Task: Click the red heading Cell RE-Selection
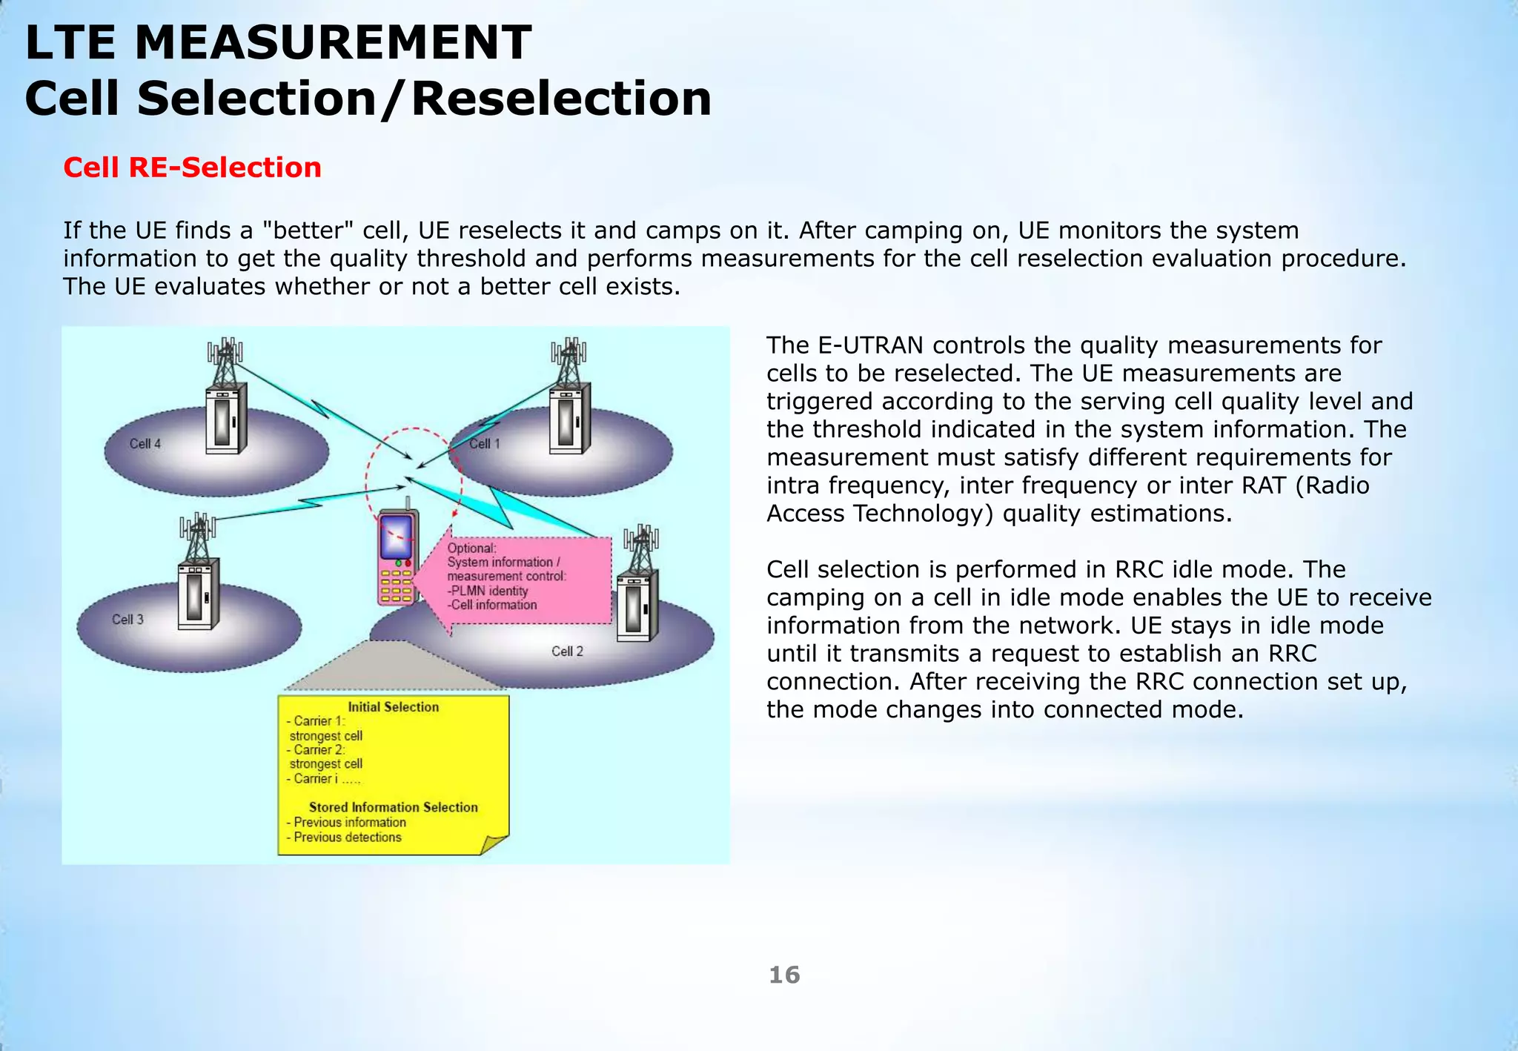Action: (x=192, y=168)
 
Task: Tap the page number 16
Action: (x=784, y=975)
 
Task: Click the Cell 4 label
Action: (x=145, y=444)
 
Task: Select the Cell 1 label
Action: (x=485, y=444)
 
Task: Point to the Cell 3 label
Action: (x=127, y=620)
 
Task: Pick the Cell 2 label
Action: (x=567, y=652)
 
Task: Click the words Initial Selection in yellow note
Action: (x=393, y=707)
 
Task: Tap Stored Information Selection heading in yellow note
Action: (x=393, y=807)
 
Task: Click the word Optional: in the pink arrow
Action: (x=471, y=548)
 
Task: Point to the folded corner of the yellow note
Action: (x=494, y=844)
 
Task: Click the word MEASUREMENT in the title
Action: (x=333, y=42)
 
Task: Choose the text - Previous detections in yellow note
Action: (x=345, y=838)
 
